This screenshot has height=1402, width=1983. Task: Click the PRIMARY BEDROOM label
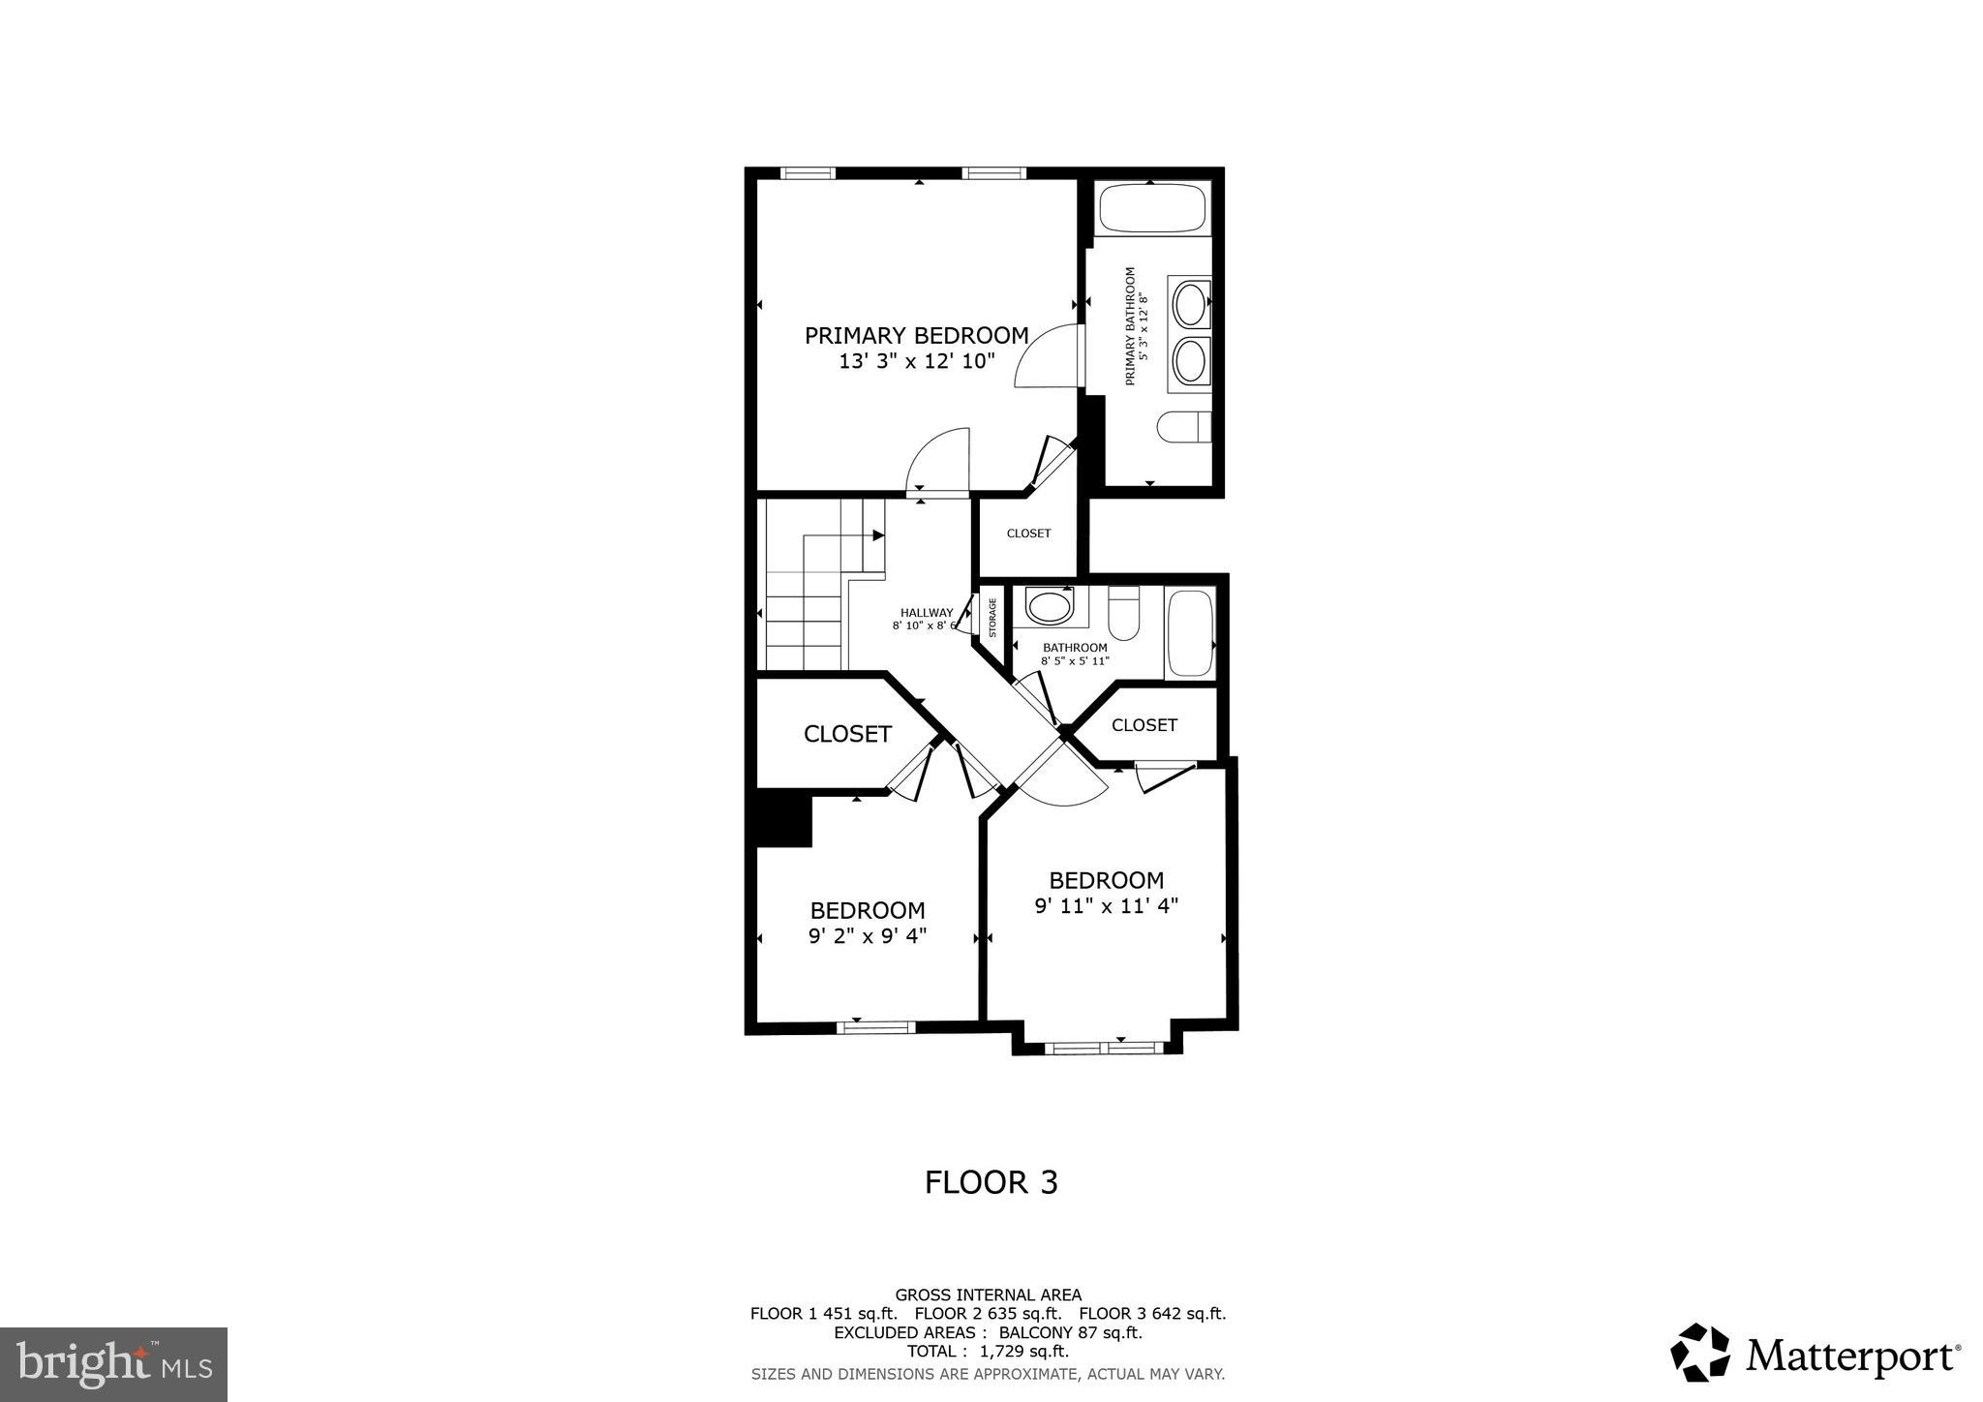coord(916,336)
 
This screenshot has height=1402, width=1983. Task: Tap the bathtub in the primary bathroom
coord(1150,208)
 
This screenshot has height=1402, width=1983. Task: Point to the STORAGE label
coord(992,618)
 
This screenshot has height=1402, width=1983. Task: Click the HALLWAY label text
coord(927,613)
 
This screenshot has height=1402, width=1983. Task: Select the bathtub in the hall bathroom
coord(1190,633)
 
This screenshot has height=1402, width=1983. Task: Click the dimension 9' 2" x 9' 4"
coord(868,936)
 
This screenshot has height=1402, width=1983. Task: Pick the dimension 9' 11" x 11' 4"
coord(1106,906)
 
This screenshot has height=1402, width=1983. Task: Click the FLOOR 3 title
coord(991,1182)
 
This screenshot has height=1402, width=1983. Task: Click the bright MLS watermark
coord(113,1364)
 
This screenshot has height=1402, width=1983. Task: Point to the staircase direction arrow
coord(877,535)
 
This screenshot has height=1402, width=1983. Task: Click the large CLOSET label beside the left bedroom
coord(847,734)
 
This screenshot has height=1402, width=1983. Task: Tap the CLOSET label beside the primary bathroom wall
coord(1028,533)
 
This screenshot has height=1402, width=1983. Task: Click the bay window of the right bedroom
coord(1105,1047)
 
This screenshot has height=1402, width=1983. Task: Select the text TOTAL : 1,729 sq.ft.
coord(988,1351)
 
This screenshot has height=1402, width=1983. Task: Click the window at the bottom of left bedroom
coord(875,1027)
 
